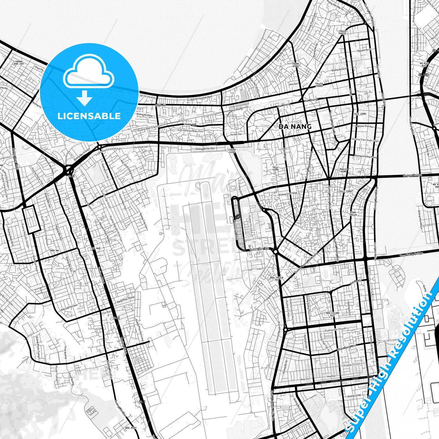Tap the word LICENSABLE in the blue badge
pyautogui.click(x=89, y=116)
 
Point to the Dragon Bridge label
pyautogui.click(x=413, y=175)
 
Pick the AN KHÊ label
pyautogui.click(x=96, y=248)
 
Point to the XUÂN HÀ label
pyautogui.click(x=161, y=105)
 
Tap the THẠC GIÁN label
pyautogui.click(x=275, y=168)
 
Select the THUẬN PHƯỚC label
pyautogui.click(x=342, y=32)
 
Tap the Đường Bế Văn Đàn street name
pyautogui.click(x=205, y=149)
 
